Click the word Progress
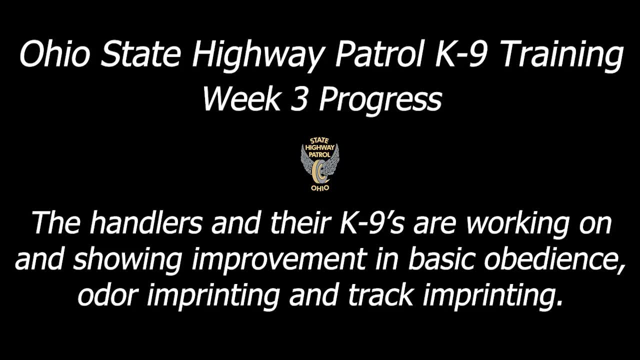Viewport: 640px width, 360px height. [x=380, y=100]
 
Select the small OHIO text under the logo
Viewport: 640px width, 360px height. [x=320, y=188]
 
